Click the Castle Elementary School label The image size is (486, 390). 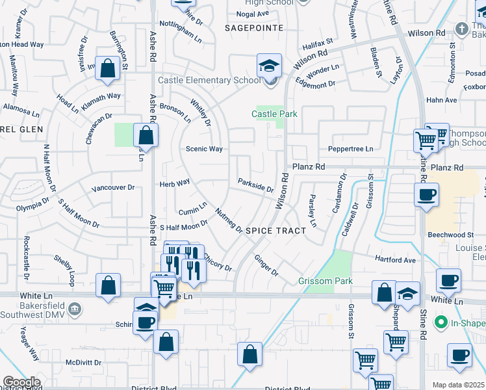(209, 80)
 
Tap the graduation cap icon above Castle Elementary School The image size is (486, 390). (269, 66)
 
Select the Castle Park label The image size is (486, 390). (274, 114)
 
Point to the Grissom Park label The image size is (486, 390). (325, 281)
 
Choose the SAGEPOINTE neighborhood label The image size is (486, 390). (254, 28)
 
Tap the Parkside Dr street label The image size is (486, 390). (255, 185)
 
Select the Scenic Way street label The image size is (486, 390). (204, 149)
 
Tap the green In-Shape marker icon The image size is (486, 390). (441, 322)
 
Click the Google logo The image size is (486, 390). (21, 382)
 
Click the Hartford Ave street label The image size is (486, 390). (395, 259)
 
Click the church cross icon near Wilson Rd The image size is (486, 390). (461, 29)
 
